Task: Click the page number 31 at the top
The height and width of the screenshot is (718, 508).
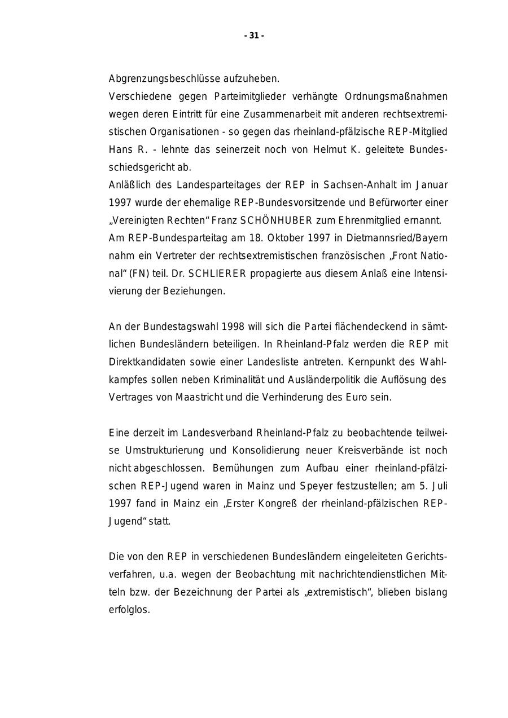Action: [254, 36]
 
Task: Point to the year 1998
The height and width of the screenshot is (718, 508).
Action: [234, 327]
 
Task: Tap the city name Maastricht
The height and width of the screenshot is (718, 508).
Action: [200, 397]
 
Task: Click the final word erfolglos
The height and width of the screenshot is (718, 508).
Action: [129, 610]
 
